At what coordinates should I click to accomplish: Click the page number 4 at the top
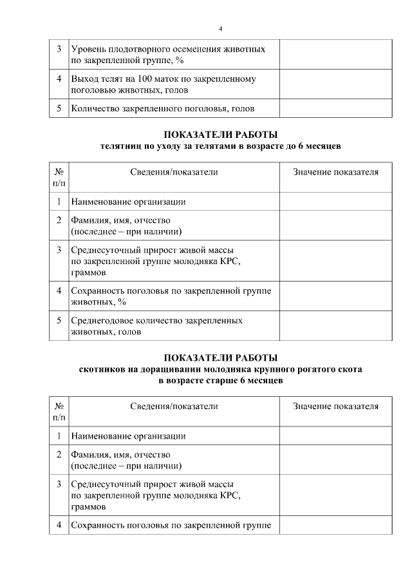[221, 29]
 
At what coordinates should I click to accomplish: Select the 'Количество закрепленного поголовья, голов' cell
[162, 108]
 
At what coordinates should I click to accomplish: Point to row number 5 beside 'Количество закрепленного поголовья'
[59, 108]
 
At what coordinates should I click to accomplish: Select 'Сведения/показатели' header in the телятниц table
[174, 172]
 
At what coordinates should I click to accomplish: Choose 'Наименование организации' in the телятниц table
[128, 202]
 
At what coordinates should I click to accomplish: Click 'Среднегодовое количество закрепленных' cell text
[156, 320]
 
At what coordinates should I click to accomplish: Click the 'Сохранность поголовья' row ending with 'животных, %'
[171, 296]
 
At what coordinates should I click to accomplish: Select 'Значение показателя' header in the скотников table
[335, 406]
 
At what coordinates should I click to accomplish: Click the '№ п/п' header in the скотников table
[59, 412]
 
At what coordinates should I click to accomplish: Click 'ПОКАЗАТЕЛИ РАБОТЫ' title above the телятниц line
[221, 135]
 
